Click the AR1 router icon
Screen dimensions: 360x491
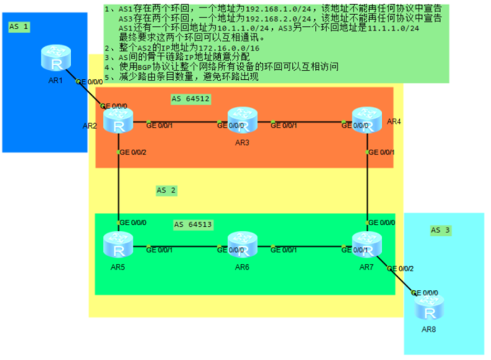click(56, 58)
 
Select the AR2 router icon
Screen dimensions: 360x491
click(118, 121)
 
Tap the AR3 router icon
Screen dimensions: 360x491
click(242, 120)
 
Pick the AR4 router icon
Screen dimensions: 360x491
click(367, 120)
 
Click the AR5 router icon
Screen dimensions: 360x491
click(118, 245)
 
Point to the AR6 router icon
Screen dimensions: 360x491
click(242, 245)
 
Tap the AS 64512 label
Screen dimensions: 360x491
click(191, 99)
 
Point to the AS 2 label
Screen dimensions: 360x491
click(166, 190)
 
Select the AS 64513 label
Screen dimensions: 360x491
click(193, 224)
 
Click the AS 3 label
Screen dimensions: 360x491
click(440, 230)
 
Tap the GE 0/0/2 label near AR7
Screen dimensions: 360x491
click(401, 268)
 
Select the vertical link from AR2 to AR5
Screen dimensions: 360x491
click(118, 186)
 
